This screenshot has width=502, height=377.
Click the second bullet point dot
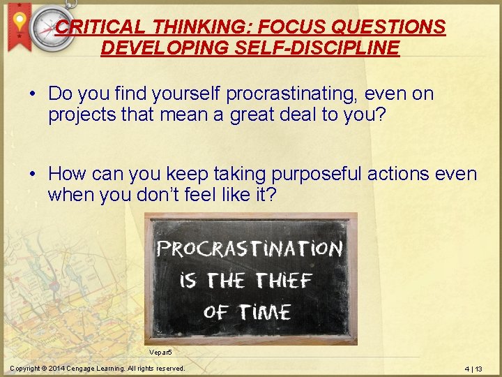[x=33, y=174]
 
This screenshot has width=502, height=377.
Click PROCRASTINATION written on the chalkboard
[x=250, y=249]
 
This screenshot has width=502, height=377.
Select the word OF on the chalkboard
[x=218, y=311]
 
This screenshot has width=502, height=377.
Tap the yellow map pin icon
[x=20, y=22]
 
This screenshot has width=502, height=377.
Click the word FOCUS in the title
[x=269, y=27]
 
